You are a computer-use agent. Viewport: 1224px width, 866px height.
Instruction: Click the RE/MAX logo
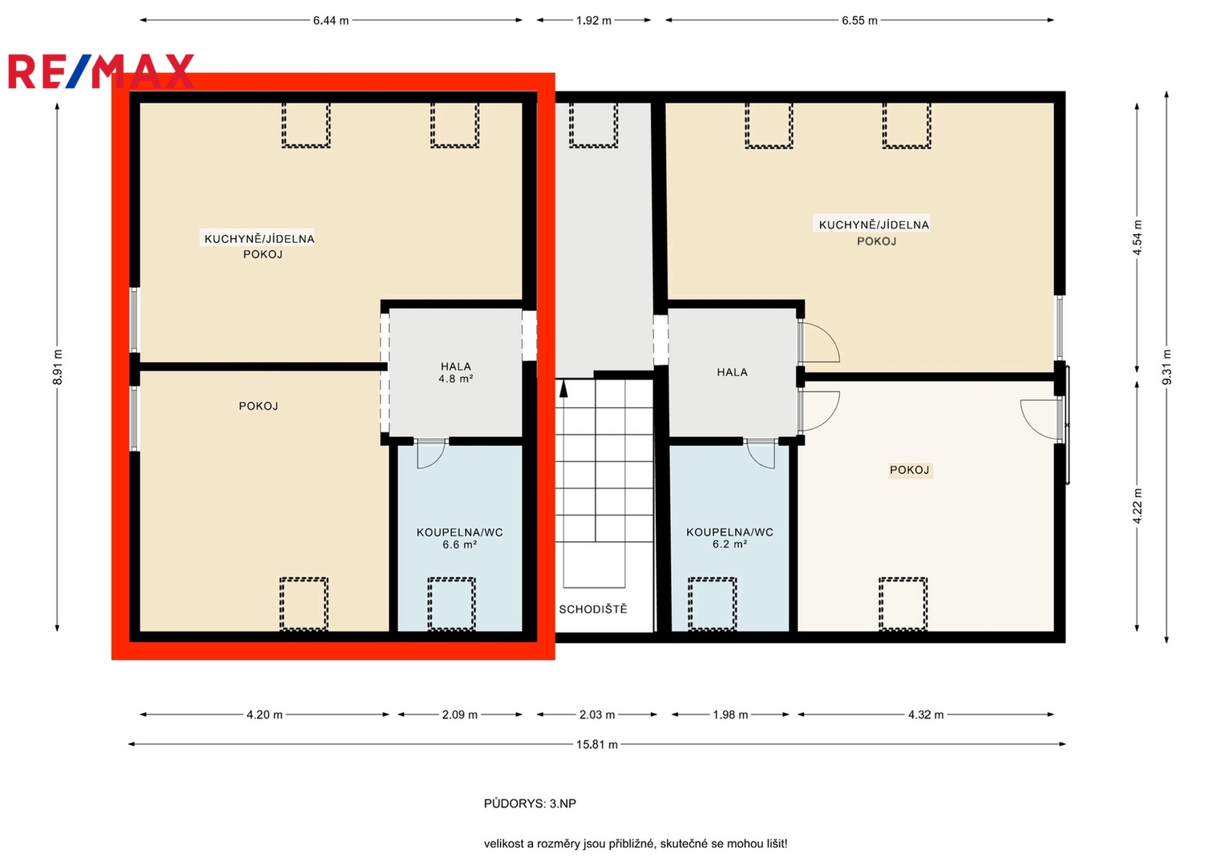(101, 71)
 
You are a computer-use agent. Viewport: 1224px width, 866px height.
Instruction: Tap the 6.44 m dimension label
(330, 21)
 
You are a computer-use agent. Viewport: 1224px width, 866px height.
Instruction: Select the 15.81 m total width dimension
(596, 745)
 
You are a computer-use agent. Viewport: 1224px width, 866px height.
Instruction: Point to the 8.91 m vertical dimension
(58, 367)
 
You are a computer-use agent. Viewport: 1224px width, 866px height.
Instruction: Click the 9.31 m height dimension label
(1166, 367)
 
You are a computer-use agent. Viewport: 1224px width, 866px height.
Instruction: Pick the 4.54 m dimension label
(1137, 238)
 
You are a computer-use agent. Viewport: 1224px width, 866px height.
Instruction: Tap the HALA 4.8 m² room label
(456, 372)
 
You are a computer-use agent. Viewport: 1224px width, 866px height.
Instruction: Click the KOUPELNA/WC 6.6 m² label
(459, 539)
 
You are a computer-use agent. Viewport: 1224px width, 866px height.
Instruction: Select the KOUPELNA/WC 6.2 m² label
(729, 538)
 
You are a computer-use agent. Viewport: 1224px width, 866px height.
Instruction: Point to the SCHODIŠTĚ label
(593, 609)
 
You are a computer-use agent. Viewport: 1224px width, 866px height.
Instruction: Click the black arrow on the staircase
(564, 389)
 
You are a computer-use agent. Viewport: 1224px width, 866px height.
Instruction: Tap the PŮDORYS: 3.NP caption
(530, 803)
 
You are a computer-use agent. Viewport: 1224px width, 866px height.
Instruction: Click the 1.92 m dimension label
(593, 21)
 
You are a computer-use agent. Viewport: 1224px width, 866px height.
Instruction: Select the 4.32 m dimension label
(926, 715)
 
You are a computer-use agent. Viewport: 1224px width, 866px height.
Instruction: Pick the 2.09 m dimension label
(459, 715)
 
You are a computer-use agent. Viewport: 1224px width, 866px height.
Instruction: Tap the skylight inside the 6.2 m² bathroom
(712, 604)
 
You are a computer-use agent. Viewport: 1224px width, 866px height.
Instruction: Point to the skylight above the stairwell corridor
(593, 124)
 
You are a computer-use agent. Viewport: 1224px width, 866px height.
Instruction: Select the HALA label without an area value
(732, 373)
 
